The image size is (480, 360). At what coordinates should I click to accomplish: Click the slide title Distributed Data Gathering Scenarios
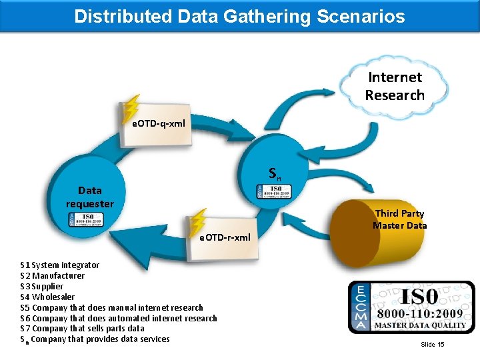coord(239,16)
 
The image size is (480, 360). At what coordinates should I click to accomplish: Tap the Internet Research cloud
coord(395,86)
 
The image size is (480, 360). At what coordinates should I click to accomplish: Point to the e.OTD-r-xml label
coord(225,237)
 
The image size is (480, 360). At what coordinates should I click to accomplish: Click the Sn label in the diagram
coord(275,174)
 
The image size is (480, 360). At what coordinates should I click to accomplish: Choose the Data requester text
coord(90,197)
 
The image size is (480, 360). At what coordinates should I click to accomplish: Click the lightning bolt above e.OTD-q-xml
coord(132,106)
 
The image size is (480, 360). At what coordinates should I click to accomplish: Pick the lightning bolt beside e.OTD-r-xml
coord(198,221)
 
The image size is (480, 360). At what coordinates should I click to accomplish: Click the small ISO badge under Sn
coord(274,191)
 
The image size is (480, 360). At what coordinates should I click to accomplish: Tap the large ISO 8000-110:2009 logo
coord(411,307)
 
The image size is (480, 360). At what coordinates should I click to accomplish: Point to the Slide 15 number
coord(432,344)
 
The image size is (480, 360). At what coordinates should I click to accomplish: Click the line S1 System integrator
coord(60,265)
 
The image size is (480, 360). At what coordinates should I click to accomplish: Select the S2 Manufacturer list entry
coord(53,275)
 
